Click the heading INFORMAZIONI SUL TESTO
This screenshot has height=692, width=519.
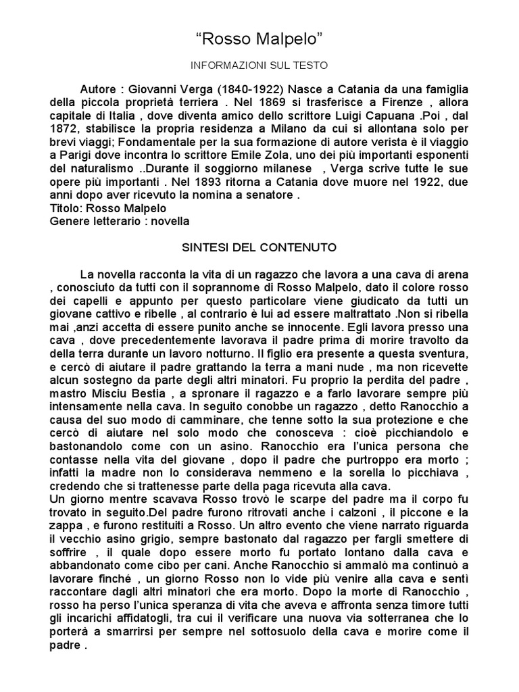pos(259,66)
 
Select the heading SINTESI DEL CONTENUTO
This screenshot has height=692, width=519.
pos(259,247)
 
